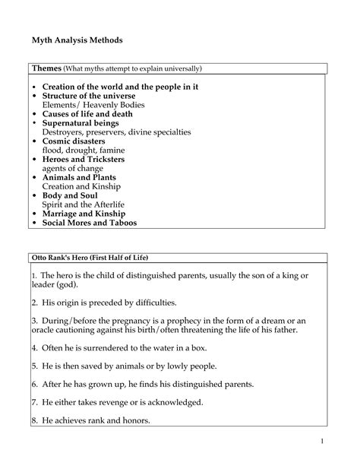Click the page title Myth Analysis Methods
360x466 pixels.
[x=77, y=39]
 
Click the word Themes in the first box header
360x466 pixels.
[x=46, y=68]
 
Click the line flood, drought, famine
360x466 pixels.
[x=84, y=151]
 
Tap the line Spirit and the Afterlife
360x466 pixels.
[x=84, y=205]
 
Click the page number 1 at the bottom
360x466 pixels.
[x=323, y=442]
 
